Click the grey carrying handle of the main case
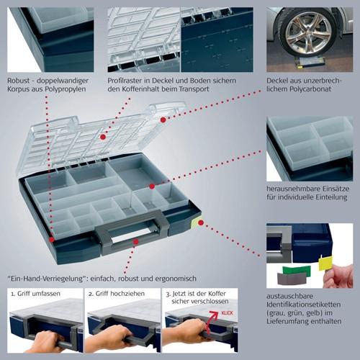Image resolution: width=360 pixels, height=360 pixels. tap(137, 230)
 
